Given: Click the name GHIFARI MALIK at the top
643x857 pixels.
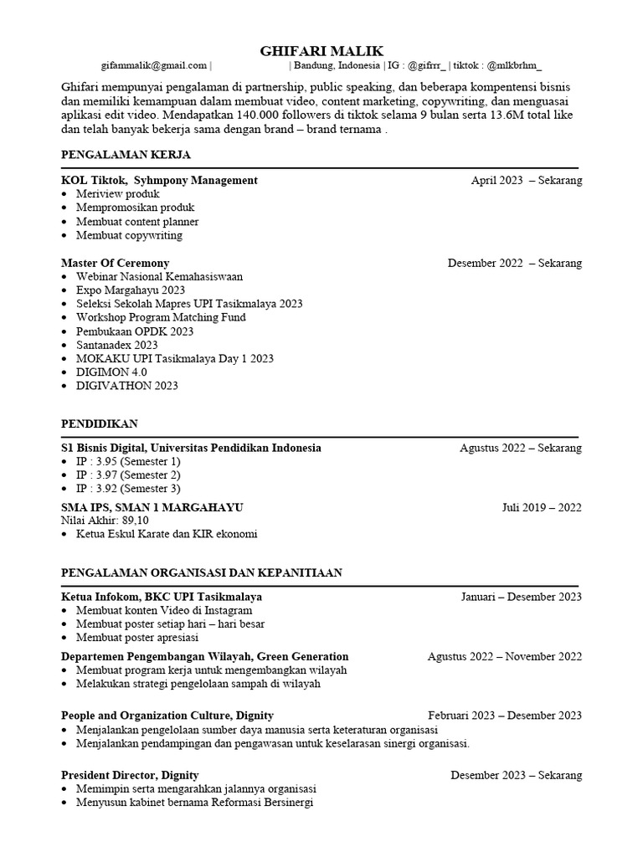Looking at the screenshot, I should (321, 51).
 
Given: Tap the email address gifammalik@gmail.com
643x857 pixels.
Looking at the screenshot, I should (153, 65).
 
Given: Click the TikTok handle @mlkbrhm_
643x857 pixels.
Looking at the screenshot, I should (514, 65).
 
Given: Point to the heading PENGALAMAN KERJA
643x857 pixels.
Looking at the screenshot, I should (126, 155).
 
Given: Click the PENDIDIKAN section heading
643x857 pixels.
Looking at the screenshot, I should (100, 423).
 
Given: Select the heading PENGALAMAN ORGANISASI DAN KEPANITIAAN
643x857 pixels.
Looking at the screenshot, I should (202, 572).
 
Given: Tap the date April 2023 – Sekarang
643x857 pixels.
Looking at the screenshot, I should (527, 180).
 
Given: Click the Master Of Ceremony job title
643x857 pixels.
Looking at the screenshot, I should (116, 263).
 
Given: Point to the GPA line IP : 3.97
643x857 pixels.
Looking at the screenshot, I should (128, 475).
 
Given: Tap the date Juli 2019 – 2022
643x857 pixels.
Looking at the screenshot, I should (542, 507).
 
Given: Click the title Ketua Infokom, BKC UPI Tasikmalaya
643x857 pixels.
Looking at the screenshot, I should (162, 597).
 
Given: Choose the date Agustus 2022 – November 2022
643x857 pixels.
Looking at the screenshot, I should (504, 656).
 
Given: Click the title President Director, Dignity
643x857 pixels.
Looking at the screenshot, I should (130, 775).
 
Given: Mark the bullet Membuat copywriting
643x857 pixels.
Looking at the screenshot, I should (129, 235).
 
